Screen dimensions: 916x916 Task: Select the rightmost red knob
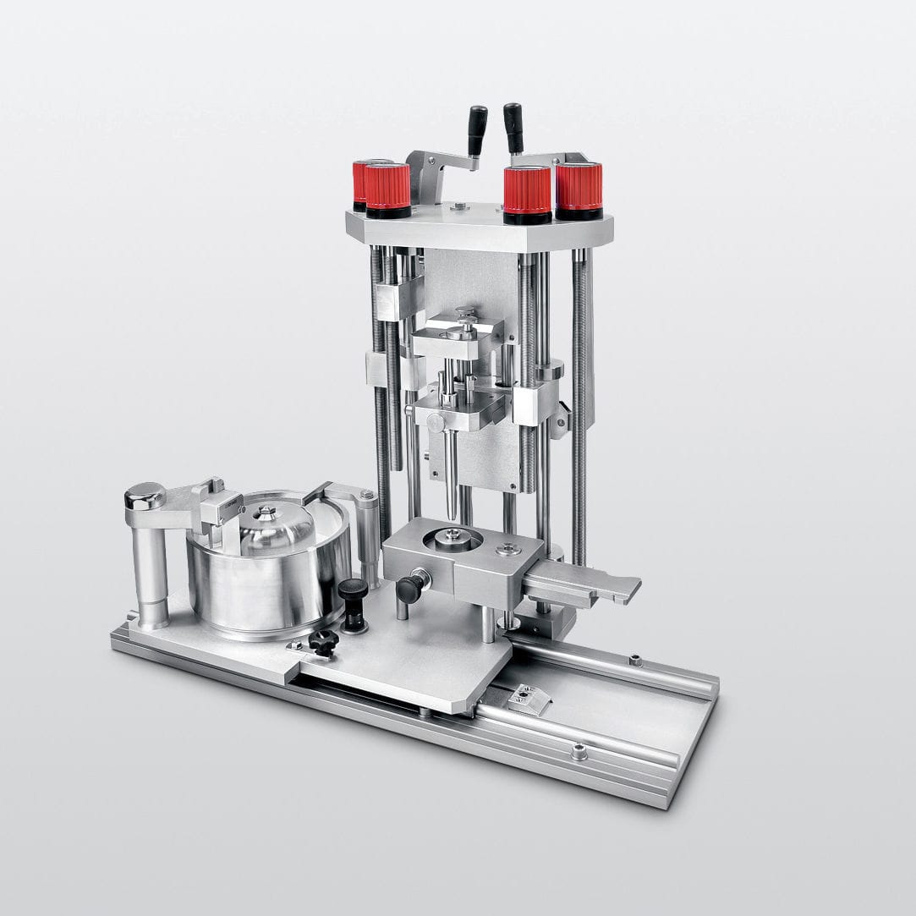(579, 187)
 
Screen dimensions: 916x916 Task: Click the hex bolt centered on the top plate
(458, 206)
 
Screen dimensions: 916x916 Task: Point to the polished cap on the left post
(145, 495)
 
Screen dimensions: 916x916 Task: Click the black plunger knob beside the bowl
(353, 590)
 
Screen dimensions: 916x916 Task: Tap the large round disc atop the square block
(453, 538)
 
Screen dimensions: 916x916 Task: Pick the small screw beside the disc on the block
(508, 549)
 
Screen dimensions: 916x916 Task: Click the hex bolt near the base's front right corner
(579, 751)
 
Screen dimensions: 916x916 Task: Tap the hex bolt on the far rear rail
(633, 660)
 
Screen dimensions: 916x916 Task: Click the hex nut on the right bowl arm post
(367, 496)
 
